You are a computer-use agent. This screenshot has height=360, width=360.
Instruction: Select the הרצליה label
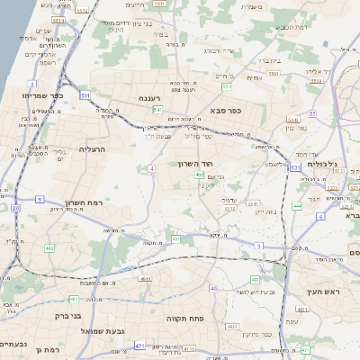93,148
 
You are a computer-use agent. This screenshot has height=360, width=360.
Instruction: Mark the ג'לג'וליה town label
322,164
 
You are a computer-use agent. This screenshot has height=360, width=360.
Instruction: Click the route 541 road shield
157,110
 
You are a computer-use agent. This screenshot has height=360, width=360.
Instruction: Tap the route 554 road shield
228,87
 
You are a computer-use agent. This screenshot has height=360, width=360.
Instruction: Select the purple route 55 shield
312,113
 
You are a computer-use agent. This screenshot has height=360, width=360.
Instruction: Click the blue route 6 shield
320,217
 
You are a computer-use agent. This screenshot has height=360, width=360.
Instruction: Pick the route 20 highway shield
15,208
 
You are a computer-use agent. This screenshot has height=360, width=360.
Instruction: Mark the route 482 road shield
49,248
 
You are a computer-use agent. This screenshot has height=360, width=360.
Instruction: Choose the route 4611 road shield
146,279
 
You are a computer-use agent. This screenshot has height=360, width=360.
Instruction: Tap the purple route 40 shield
213,288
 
